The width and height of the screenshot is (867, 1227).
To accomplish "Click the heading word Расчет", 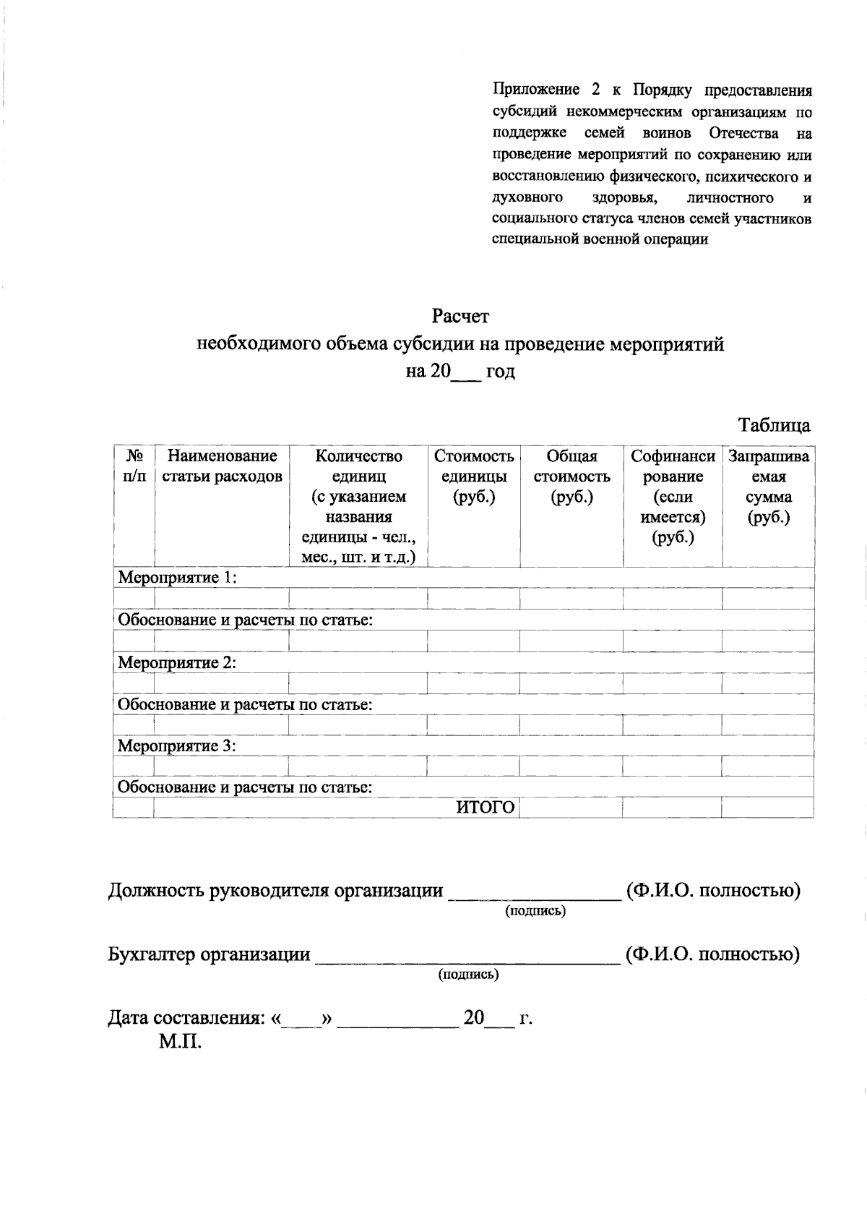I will pyautogui.click(x=460, y=317).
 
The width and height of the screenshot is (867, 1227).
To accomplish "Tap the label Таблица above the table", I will pyautogui.click(x=774, y=425).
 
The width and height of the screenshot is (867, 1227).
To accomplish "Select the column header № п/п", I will pyautogui.click(x=134, y=466).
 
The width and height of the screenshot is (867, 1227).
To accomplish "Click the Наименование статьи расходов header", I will pyautogui.click(x=222, y=466).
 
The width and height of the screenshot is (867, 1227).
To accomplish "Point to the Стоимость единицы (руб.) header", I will pyautogui.click(x=474, y=476).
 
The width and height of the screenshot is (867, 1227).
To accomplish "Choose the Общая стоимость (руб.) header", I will pyautogui.click(x=571, y=476).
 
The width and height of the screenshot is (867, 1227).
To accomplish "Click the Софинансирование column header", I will pyautogui.click(x=673, y=496).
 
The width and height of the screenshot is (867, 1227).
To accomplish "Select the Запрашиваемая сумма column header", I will pyautogui.click(x=769, y=486).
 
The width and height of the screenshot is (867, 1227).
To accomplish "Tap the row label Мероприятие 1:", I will pyautogui.click(x=178, y=578).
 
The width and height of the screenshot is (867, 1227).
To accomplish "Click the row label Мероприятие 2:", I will pyautogui.click(x=178, y=662).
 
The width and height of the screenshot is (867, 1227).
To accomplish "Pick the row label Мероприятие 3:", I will pyautogui.click(x=178, y=745).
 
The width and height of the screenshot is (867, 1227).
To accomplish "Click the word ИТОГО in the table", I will pyautogui.click(x=486, y=808).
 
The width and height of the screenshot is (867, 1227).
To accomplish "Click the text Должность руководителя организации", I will pyautogui.click(x=275, y=891).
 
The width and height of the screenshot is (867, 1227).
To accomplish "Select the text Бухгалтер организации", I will pyautogui.click(x=209, y=954).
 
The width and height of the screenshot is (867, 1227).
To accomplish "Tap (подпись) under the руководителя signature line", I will pyautogui.click(x=535, y=911).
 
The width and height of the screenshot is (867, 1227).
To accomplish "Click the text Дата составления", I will pyautogui.click(x=186, y=1018).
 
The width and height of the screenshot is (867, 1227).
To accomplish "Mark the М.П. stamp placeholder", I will pyautogui.click(x=180, y=1042).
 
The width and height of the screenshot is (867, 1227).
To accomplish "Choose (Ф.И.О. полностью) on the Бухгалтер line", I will pyautogui.click(x=712, y=954).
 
